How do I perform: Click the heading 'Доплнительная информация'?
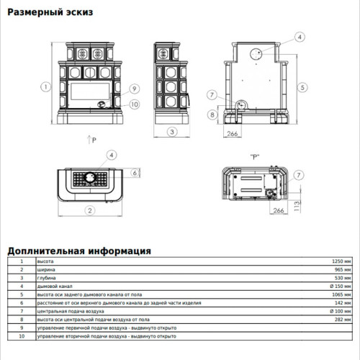pyautogui.click(x=79, y=251)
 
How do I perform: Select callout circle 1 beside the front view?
pyautogui.click(x=45, y=86)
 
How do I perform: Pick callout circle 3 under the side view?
pyautogui.click(x=173, y=132)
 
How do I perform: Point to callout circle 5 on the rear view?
pyautogui.click(x=303, y=86)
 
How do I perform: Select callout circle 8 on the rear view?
pyautogui.click(x=212, y=114)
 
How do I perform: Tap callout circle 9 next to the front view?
pyautogui.click(x=134, y=89)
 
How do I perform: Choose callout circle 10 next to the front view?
pyautogui.click(x=134, y=104)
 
